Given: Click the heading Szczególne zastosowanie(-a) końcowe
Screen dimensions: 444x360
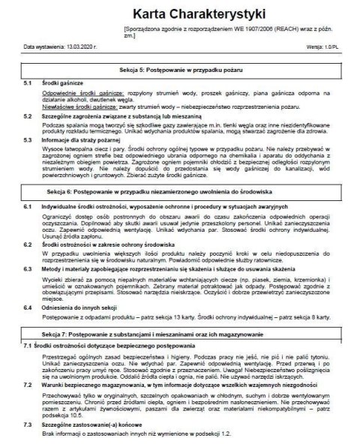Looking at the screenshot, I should click(98, 424).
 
